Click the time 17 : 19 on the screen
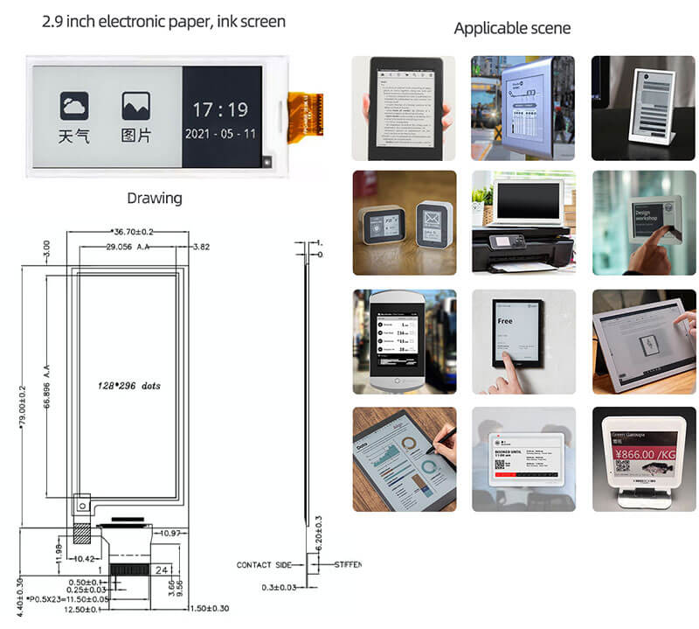click(220, 110)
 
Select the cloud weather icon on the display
click(74, 106)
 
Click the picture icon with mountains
click(135, 106)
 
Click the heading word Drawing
click(155, 198)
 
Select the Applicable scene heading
click(512, 28)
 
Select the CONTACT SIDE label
click(266, 565)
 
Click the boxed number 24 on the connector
click(163, 570)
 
